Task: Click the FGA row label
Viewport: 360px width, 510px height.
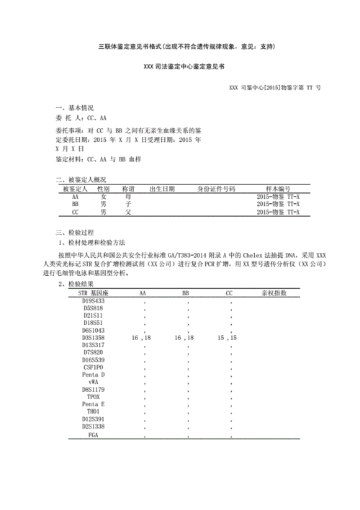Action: tap(93, 434)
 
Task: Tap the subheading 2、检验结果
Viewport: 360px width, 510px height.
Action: tap(81, 285)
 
